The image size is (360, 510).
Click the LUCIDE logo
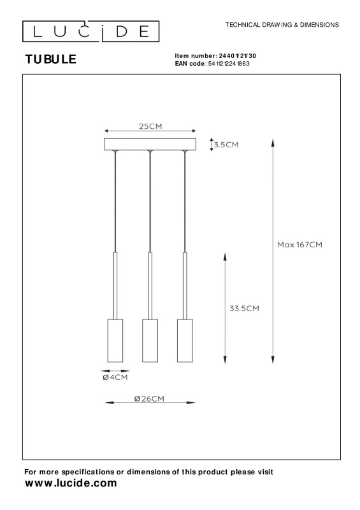click(x=90, y=31)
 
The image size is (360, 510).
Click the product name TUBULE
click(x=51, y=59)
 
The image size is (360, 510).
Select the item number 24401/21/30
click(x=238, y=56)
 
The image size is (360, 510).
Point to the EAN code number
click(x=229, y=64)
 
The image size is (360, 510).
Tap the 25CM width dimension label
click(x=150, y=126)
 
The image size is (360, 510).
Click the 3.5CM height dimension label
click(x=226, y=145)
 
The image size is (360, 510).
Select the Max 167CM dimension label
click(x=299, y=245)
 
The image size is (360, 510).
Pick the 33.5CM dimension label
click(x=244, y=309)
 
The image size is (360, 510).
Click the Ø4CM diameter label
click(x=115, y=377)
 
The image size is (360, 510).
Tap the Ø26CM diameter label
click(x=149, y=398)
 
